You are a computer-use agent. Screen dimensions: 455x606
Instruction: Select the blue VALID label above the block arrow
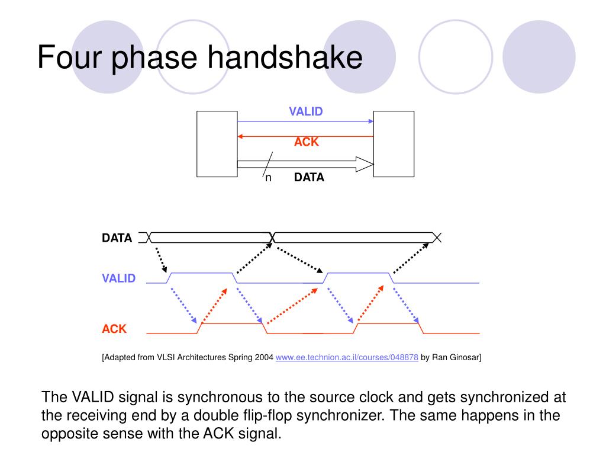(305, 111)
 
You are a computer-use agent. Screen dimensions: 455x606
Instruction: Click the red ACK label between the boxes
(307, 142)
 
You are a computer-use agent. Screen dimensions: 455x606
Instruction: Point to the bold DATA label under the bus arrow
(309, 177)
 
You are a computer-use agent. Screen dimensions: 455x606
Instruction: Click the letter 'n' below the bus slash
(268, 178)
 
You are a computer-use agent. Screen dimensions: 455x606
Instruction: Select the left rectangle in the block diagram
(217, 144)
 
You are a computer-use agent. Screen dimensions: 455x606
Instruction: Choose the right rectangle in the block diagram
(394, 144)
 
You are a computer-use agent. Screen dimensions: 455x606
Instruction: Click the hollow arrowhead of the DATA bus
(365, 164)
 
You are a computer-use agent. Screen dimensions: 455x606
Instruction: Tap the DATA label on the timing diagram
(117, 238)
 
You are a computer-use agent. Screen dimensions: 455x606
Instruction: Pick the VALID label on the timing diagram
(118, 278)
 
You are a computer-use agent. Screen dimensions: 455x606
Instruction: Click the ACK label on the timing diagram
(114, 329)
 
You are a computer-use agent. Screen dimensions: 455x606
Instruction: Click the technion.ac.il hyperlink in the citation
(347, 357)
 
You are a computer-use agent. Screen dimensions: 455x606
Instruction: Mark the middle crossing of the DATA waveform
(272, 238)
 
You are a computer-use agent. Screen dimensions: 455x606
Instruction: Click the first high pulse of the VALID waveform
(202, 273)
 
